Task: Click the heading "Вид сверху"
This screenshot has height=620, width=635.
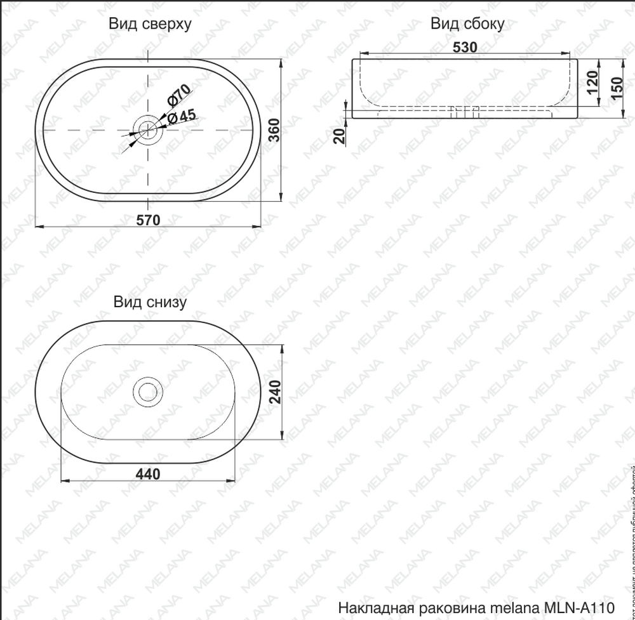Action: coord(150,24)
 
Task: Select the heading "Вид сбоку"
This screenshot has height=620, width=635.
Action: coord(467,24)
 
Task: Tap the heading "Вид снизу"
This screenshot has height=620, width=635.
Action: coord(150,301)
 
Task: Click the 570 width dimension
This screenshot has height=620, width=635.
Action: coord(148,220)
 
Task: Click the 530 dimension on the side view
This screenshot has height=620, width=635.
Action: coord(465,48)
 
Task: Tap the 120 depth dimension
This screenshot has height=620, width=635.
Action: coord(592,83)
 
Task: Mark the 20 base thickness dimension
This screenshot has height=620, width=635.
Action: coord(338,136)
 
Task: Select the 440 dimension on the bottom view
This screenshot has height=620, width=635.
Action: coord(148,473)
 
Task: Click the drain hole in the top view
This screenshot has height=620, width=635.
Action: coord(148,129)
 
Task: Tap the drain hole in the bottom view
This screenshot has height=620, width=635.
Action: coord(148,392)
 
